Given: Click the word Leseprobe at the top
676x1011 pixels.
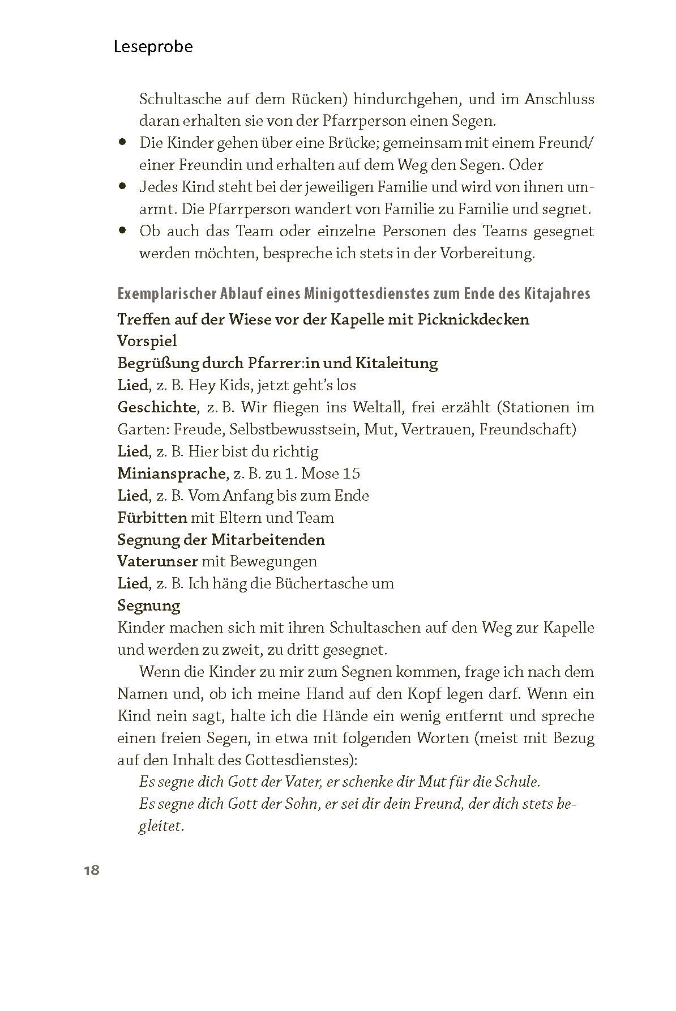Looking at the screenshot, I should [x=153, y=46].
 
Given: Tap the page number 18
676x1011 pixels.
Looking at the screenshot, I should [x=92, y=870].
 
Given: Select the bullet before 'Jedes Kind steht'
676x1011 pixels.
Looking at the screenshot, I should [x=122, y=186].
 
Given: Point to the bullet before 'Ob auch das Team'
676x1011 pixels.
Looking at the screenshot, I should [x=122, y=230].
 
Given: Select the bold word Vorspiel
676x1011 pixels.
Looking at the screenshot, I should [x=147, y=341].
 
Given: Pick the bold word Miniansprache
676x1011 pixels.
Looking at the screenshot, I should [x=171, y=473].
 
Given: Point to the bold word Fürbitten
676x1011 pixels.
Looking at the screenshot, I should [x=152, y=518].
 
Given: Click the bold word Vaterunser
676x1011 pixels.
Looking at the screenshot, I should [x=157, y=562].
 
